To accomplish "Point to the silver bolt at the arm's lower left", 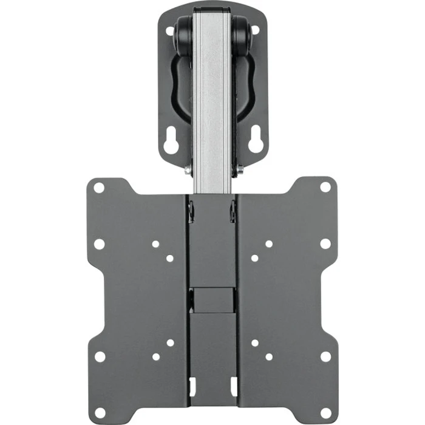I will pos(188,171).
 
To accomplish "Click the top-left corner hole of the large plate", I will pos(99,187).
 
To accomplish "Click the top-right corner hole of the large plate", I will pos(325,187).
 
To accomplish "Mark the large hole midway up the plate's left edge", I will pos(99,244).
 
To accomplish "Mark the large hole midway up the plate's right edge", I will pos(325,244).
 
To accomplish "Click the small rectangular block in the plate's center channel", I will pos(212,299).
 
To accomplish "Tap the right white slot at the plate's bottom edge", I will pos(233,385).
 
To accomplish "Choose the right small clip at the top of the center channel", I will pos(233,211).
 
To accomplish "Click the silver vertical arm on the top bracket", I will pos(212,91).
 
